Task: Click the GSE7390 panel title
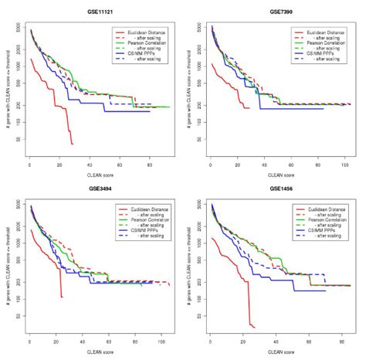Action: (x=280, y=13)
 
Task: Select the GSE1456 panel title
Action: (x=280, y=189)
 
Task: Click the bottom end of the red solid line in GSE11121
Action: (x=72, y=144)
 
